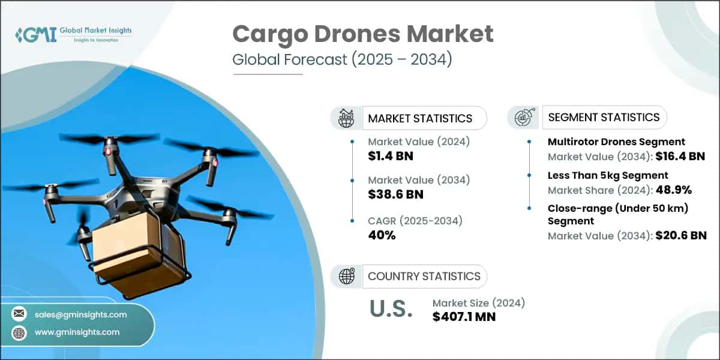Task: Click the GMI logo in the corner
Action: click(x=73, y=34)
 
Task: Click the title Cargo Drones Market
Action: click(x=363, y=34)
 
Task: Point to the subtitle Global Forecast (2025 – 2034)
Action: click(x=342, y=60)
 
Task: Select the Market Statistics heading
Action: click(x=420, y=118)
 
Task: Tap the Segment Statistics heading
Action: click(x=604, y=117)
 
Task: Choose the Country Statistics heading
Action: click(x=424, y=276)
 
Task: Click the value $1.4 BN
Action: click(x=391, y=157)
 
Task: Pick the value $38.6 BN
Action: click(x=395, y=194)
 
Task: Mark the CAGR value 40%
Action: click(x=382, y=235)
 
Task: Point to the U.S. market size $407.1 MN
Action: click(x=464, y=316)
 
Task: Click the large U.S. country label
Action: click(x=391, y=309)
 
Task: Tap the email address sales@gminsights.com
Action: click(x=81, y=314)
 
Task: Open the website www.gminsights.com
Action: click(x=77, y=332)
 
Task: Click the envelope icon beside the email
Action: click(x=19, y=314)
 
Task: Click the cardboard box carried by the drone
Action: click(x=135, y=252)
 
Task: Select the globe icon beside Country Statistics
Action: click(x=346, y=276)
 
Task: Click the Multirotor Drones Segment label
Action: click(x=616, y=142)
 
